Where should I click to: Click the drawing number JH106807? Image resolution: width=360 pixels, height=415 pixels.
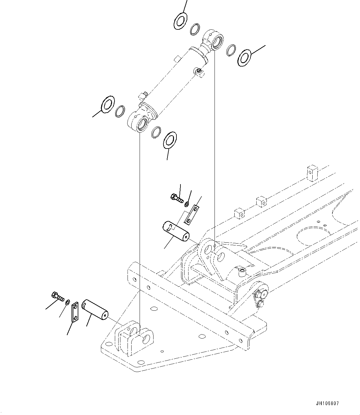pyautogui.click(x=328, y=404)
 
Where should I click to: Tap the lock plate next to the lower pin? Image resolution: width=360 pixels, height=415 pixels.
pyautogui.click(x=75, y=313)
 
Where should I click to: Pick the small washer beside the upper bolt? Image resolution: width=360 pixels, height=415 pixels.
pyautogui.click(x=187, y=205)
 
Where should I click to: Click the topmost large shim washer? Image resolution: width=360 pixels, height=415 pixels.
pyautogui.click(x=180, y=21)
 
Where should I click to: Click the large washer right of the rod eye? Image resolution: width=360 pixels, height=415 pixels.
pyautogui.click(x=245, y=57)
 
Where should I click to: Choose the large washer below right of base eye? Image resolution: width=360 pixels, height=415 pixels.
pyautogui.click(x=169, y=139)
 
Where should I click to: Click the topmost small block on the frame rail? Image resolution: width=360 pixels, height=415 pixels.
pyautogui.click(x=313, y=172)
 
